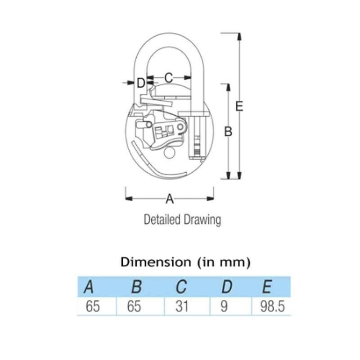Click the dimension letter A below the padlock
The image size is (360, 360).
coord(170,199)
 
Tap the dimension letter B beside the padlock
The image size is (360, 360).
coord(228,132)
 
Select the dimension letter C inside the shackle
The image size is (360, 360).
coord(168,77)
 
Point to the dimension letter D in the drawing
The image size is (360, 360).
coord(141,83)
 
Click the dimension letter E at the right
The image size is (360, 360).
coord(239,106)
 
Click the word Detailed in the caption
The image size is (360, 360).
coord(162,219)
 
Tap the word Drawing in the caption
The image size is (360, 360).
coord(202,220)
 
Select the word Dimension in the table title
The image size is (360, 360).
coord(156,262)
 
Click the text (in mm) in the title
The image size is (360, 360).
coord(224,262)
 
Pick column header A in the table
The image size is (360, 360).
coord(89,287)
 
